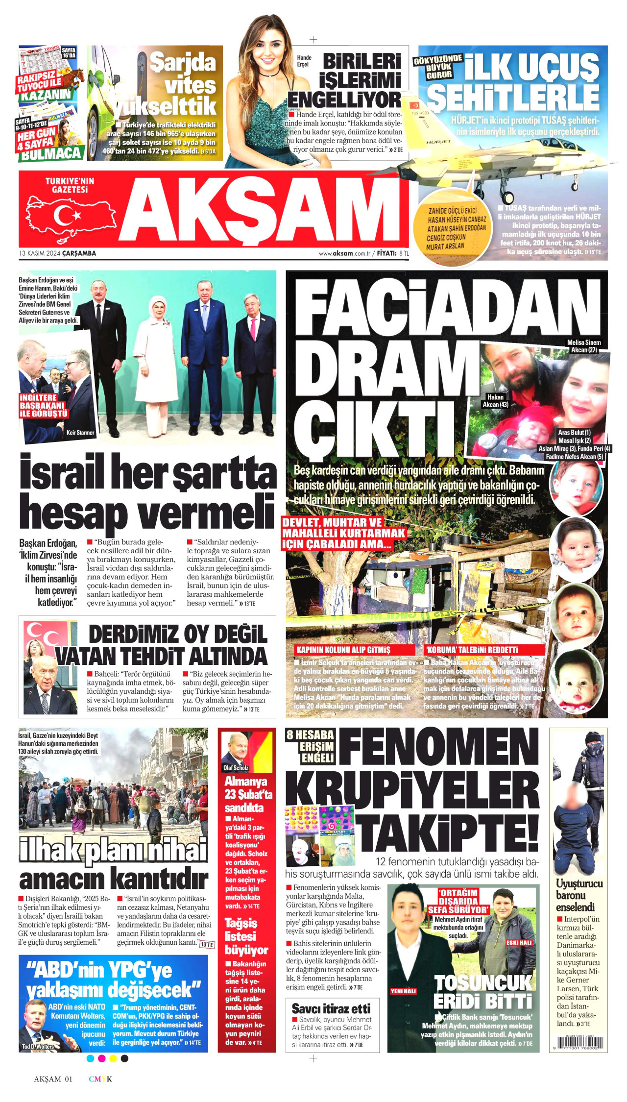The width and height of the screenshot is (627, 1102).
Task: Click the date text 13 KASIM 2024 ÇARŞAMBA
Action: [57, 253]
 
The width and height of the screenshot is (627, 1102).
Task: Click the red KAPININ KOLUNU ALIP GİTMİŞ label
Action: [343, 650]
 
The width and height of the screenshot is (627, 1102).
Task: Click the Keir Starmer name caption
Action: [80, 433]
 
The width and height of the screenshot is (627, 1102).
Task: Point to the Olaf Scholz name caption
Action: [236, 768]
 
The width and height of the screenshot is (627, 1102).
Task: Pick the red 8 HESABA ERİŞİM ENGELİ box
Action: [310, 746]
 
